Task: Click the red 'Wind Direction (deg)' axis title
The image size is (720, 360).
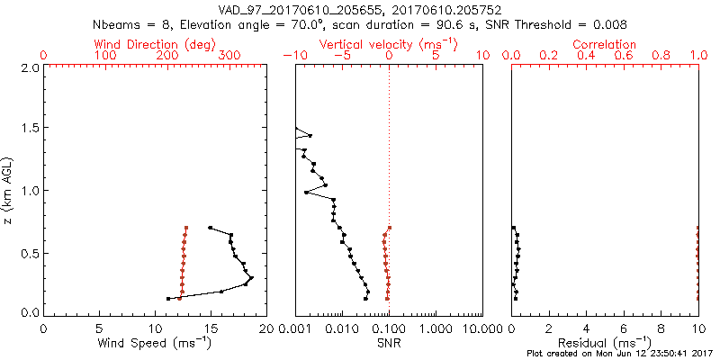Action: (155, 44)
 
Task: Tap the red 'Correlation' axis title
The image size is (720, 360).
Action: (605, 44)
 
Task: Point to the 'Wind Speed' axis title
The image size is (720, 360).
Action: (155, 343)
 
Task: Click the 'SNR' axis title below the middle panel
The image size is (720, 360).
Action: (389, 343)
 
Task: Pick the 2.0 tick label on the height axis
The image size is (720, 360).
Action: (29, 67)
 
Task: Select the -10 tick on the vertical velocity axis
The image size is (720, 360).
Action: (292, 56)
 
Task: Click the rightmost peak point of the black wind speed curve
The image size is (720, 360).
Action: (251, 278)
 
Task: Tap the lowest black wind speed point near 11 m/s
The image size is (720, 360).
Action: (168, 299)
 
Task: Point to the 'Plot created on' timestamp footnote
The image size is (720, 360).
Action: (621, 354)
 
